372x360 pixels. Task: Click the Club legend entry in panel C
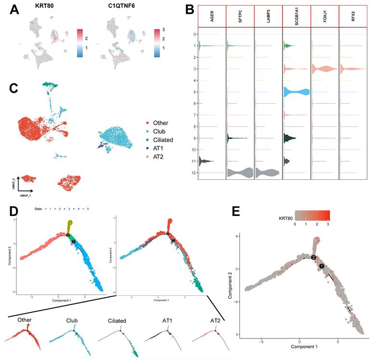click(x=155, y=132)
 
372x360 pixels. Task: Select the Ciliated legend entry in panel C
click(x=159, y=140)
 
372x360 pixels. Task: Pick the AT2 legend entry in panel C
click(x=154, y=158)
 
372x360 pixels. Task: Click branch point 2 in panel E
click(x=314, y=258)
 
